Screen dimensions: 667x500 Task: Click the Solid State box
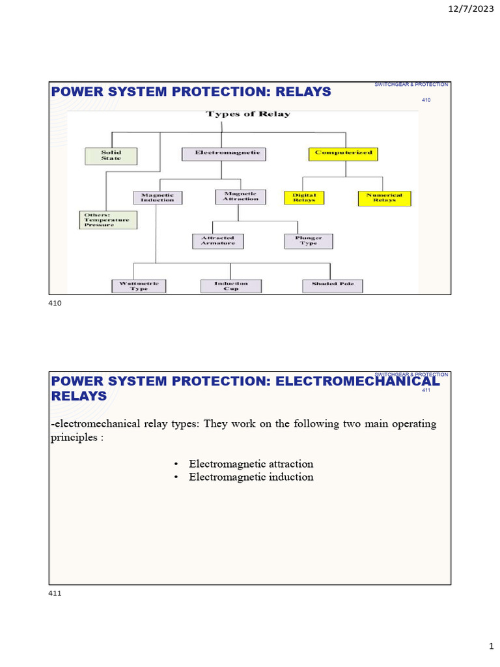coord(111,156)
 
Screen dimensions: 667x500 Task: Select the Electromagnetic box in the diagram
coord(222,153)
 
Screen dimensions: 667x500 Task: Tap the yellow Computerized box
coord(343,154)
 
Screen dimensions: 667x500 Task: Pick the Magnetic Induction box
coord(158,197)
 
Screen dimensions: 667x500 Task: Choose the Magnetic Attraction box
coord(240,196)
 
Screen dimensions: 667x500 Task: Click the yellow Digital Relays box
coord(304,197)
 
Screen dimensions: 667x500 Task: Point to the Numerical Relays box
coord(384,198)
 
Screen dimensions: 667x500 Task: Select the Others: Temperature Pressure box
coord(109,220)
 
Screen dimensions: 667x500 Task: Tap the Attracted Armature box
coord(217,241)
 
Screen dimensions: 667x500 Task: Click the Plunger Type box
coord(309,241)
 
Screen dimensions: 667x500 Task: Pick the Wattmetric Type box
coord(139,286)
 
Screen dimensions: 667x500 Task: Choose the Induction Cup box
coord(230,286)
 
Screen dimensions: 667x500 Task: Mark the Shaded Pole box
coord(332,285)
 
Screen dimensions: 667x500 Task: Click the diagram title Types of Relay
coord(248,114)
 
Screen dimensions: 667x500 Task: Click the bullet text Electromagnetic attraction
coord(251,464)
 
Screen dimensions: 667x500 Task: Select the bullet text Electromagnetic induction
coord(251,477)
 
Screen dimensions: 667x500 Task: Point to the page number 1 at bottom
coord(492,646)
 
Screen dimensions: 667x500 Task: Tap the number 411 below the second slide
coord(55,593)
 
